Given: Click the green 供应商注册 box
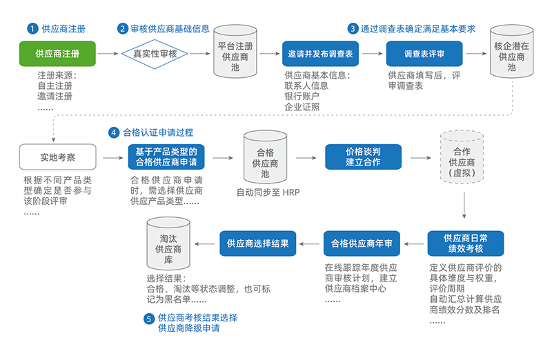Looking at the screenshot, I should (57, 53).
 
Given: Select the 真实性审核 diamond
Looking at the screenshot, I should (156, 53).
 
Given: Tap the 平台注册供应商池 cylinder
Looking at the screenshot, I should (235, 53).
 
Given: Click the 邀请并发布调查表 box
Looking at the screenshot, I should (320, 53).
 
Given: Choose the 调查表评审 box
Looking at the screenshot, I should (424, 53).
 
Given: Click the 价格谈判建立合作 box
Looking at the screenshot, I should (363, 157).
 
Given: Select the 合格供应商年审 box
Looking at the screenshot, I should (362, 243).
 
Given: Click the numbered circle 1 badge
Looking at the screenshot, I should (31, 29).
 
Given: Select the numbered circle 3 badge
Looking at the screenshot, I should (353, 29).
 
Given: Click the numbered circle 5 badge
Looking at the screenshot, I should (148, 319).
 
